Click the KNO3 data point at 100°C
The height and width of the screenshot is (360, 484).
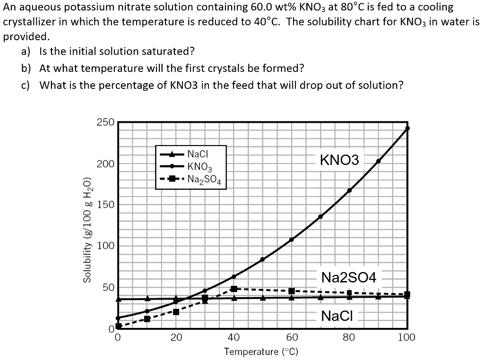pos(407,128)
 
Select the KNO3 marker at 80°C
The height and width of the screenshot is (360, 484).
pos(350,190)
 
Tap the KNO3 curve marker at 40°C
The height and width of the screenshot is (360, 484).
pos(233,276)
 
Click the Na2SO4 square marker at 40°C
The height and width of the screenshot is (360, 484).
pos(233,289)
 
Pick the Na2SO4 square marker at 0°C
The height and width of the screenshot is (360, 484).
pos(119,326)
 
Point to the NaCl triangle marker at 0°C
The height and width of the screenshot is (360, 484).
pos(119,299)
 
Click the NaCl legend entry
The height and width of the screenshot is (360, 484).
pos(194,154)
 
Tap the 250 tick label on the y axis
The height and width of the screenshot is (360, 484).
pos(105,122)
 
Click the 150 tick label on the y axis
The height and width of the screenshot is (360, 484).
pos(105,205)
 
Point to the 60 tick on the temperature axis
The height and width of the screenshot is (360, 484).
pos(292,337)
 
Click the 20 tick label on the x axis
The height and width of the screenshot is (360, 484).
pos(176,337)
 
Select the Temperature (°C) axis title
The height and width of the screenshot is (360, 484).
pos(261,352)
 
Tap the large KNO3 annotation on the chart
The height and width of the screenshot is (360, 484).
pos(339,160)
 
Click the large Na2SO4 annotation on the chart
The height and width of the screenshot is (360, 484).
pos(349,277)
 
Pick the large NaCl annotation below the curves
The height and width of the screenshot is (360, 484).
pos(337,316)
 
